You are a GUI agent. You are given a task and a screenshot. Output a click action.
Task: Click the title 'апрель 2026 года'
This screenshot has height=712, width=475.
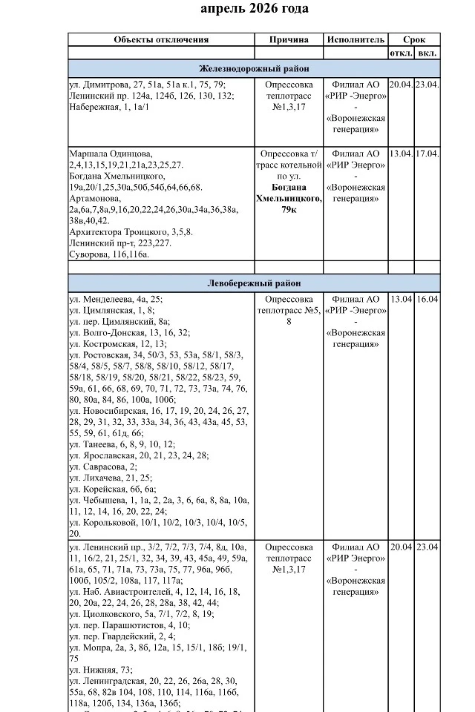(255, 9)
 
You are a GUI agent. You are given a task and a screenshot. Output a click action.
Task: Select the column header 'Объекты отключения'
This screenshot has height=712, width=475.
(161, 39)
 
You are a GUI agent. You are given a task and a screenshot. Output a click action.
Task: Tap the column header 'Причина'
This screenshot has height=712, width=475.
(288, 39)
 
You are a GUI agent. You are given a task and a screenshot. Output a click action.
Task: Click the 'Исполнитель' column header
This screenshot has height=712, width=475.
(355, 39)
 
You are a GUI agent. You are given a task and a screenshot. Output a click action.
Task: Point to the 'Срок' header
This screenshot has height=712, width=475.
(414, 39)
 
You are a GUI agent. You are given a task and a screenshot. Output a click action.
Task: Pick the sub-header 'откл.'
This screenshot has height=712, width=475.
(401, 53)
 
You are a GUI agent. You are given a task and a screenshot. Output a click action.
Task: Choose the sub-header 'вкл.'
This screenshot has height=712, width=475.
(427, 53)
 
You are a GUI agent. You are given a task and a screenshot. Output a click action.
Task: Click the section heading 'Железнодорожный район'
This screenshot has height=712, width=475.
(254, 68)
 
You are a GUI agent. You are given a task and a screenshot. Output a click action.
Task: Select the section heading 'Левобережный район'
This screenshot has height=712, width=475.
(254, 283)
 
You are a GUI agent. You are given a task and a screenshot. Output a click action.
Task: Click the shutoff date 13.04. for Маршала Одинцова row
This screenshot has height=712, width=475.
(401, 154)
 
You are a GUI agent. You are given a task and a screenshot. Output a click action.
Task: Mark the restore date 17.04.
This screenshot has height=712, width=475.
(427, 154)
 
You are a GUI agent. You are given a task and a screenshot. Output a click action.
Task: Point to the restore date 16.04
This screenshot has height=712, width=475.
(427, 299)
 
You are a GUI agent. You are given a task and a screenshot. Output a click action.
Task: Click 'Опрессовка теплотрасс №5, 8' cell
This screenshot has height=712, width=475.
(289, 310)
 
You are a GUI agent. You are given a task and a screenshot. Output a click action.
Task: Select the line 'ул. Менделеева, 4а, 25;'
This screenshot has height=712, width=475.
(115, 300)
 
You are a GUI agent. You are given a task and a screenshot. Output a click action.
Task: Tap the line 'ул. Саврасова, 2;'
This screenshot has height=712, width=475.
(103, 467)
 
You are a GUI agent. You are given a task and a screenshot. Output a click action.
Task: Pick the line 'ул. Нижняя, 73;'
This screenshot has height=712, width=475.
(99, 670)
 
